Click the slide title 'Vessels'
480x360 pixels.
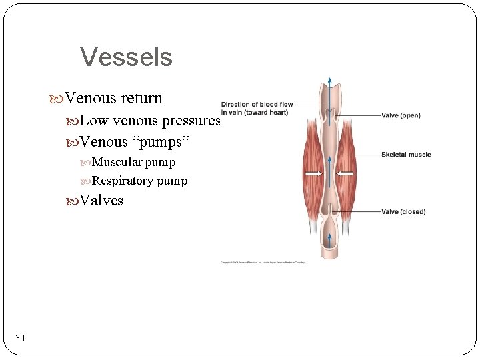(126, 57)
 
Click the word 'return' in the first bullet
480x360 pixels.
(141, 98)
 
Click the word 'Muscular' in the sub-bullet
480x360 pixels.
(114, 162)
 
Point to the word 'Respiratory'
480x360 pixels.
(122, 181)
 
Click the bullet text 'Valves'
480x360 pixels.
(101, 201)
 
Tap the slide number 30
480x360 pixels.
(20, 339)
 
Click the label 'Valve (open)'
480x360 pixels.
(401, 115)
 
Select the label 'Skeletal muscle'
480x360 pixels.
(406, 155)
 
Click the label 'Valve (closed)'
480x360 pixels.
(403, 212)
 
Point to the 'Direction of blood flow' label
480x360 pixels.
(257, 105)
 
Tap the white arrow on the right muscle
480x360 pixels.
(345, 174)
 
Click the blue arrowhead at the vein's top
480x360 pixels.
(329, 82)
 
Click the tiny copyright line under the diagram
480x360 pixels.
(263, 262)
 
